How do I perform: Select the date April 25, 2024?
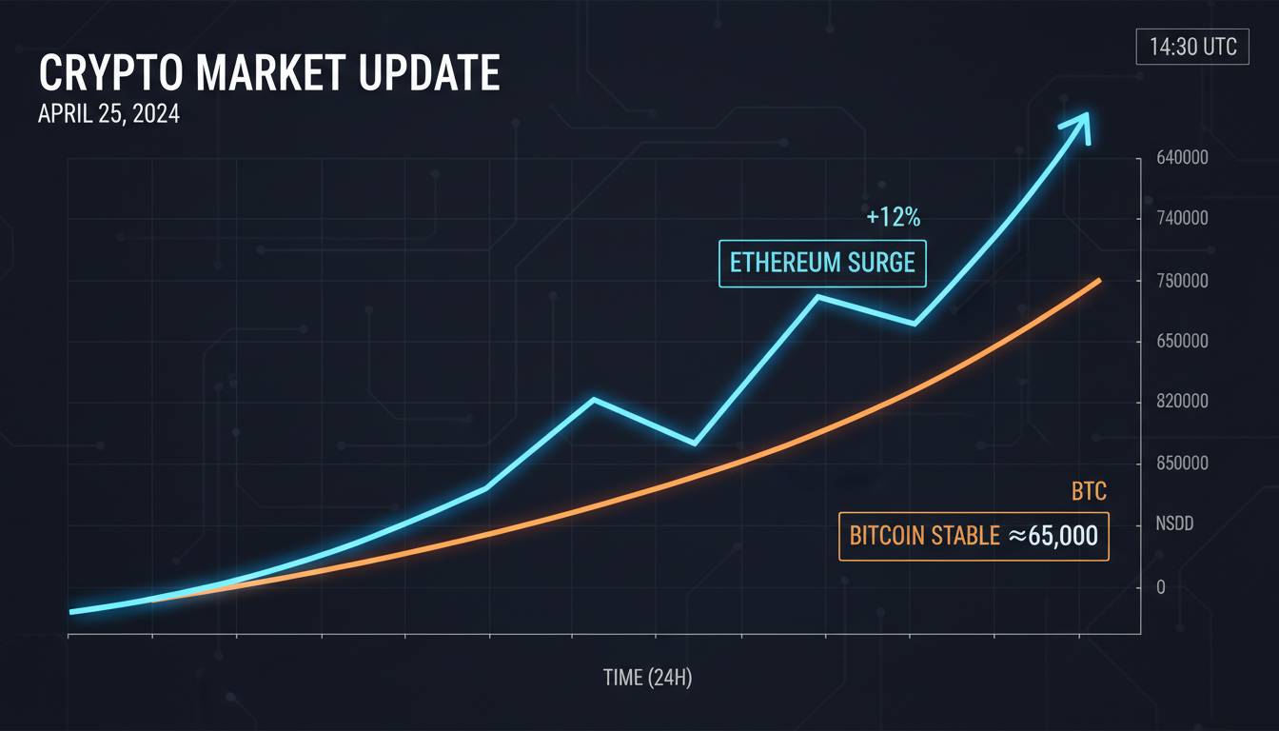[x=108, y=114]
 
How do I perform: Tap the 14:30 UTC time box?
[x=1192, y=48]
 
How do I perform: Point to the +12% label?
[x=894, y=217]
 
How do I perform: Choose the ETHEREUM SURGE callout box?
[x=821, y=264]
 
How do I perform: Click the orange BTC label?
[x=1089, y=492]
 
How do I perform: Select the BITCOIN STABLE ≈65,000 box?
[x=974, y=536]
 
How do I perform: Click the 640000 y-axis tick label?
[x=1182, y=158]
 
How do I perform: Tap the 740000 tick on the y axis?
[x=1182, y=218]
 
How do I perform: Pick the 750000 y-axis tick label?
[x=1182, y=281]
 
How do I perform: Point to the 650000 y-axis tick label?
[x=1182, y=341]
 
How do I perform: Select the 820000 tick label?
[x=1182, y=402]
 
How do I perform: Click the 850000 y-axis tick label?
[x=1182, y=464]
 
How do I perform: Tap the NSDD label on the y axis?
[x=1174, y=524]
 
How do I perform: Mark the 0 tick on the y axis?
[x=1160, y=587]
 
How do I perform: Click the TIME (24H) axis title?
[x=647, y=678]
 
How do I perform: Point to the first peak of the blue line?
[x=594, y=399]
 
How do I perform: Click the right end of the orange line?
[x=1099, y=280]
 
